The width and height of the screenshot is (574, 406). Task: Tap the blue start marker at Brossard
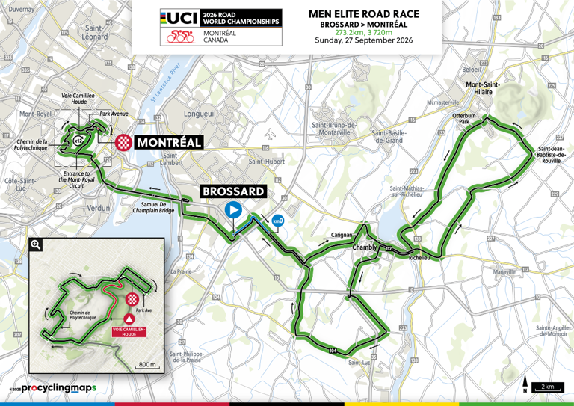coord(234,210)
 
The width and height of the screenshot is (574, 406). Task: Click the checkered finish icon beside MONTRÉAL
coord(123,142)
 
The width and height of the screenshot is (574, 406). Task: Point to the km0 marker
coord(278,221)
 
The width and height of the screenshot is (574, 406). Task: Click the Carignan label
coord(342,235)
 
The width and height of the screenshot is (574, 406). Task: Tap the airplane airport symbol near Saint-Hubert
coord(271,135)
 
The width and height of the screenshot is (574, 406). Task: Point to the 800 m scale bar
coord(148,365)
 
